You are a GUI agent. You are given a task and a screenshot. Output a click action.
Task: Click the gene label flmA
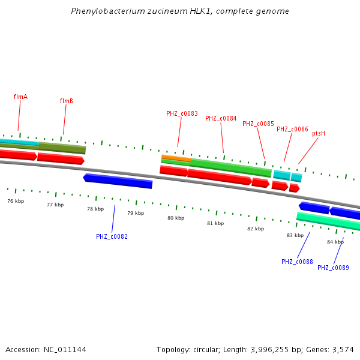click(20, 97)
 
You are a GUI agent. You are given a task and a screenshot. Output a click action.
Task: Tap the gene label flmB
click(66, 101)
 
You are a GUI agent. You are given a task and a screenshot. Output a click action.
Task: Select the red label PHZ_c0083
click(182, 113)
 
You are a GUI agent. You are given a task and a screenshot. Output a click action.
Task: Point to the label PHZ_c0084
click(221, 118)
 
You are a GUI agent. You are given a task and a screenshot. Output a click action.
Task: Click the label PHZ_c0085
click(258, 124)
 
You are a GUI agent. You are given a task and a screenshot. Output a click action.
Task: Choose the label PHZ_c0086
click(292, 129)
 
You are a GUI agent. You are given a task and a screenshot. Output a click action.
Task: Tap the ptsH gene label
click(319, 133)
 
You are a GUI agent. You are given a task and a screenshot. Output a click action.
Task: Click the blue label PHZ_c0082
click(112, 236)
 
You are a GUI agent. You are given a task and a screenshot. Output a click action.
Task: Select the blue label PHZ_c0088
click(297, 262)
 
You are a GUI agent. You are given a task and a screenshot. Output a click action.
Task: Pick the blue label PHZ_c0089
click(333, 268)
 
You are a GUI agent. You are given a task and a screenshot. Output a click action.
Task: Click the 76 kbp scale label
click(16, 201)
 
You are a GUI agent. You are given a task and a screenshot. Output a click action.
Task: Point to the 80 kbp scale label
click(176, 218)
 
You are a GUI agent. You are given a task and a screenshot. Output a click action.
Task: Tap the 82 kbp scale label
click(256, 229)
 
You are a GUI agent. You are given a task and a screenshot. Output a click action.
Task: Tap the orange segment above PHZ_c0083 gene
click(176, 158)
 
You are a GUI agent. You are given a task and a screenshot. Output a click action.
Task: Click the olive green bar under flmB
click(62, 148)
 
